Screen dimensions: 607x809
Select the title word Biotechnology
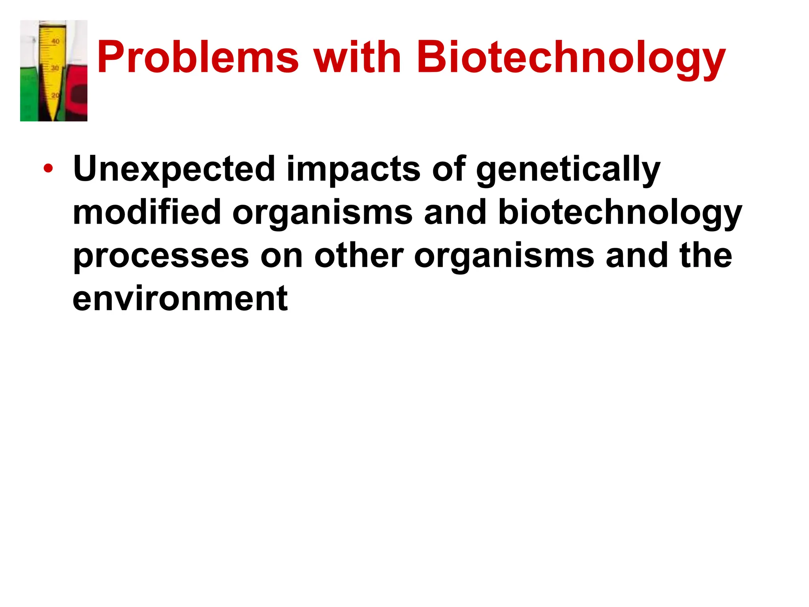571,59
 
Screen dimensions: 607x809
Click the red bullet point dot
48,169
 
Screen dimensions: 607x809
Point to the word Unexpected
174,169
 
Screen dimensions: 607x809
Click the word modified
147,212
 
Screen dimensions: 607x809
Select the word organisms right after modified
322,213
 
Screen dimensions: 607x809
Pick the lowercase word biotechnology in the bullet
620,213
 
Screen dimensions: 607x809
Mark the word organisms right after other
504,257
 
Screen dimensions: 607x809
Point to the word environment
180,299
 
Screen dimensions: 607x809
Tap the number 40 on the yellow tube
56,41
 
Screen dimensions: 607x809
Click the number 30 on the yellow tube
55,68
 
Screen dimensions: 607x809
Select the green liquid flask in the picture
29,95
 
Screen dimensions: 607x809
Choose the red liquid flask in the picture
77,95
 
